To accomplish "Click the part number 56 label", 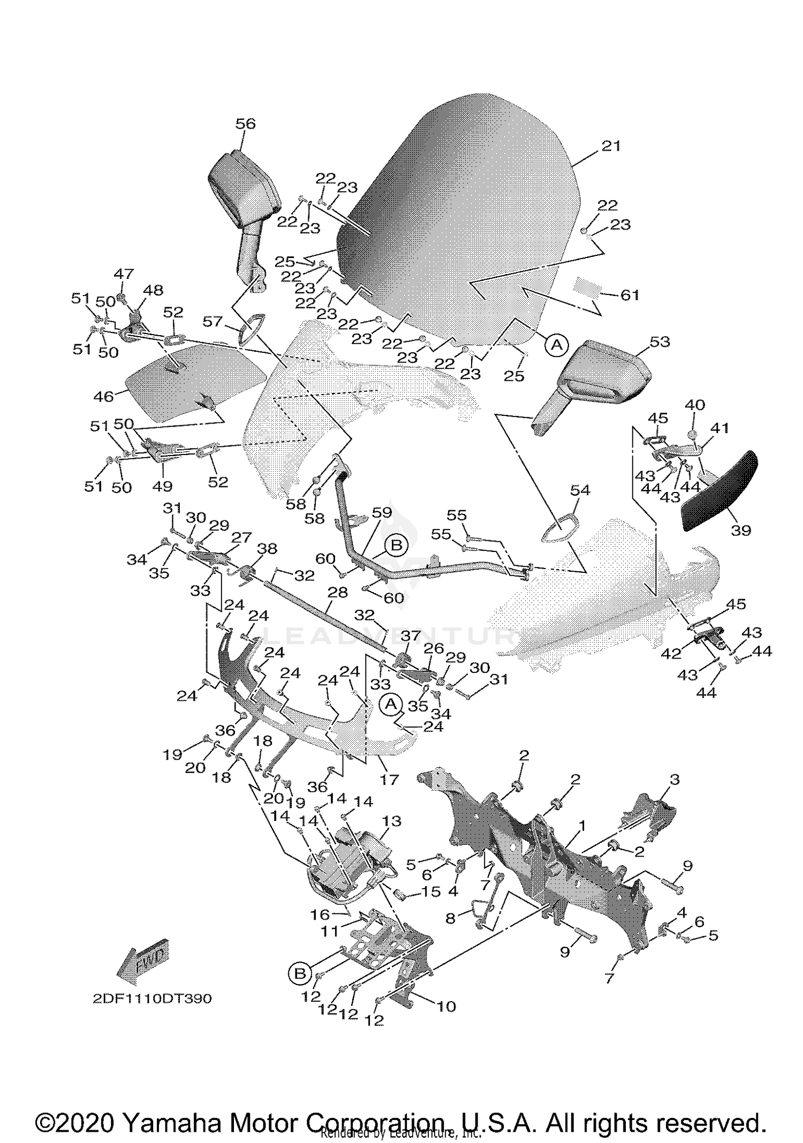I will [x=246, y=124].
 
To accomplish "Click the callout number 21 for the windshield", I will [x=610, y=146].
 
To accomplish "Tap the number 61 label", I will [x=630, y=295].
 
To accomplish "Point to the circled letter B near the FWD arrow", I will [x=300, y=973].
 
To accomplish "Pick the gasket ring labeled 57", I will [x=252, y=328].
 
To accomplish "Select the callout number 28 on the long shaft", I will [x=337, y=592].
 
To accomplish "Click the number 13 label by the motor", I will [x=391, y=821].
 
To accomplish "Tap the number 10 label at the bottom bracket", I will [x=446, y=1006].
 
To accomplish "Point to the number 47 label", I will [x=124, y=274].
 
